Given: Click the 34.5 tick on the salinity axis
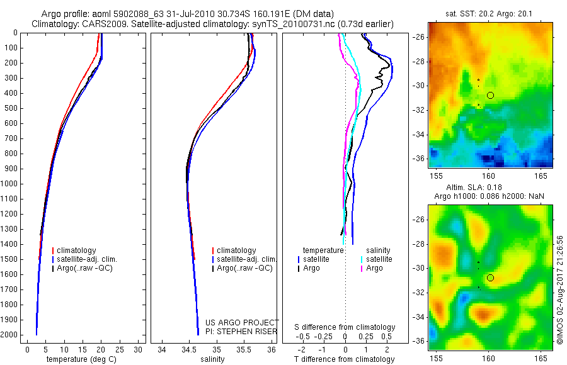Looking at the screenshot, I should coord(189,349).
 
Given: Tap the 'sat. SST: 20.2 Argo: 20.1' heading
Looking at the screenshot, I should coord(491,14).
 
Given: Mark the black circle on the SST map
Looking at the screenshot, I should coord(490,95).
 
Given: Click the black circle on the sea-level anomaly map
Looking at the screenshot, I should coord(490,278).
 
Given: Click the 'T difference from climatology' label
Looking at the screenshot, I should coord(344,359).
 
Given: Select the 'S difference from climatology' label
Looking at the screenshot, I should coord(345,327).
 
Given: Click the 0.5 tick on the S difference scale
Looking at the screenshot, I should coord(381,336).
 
